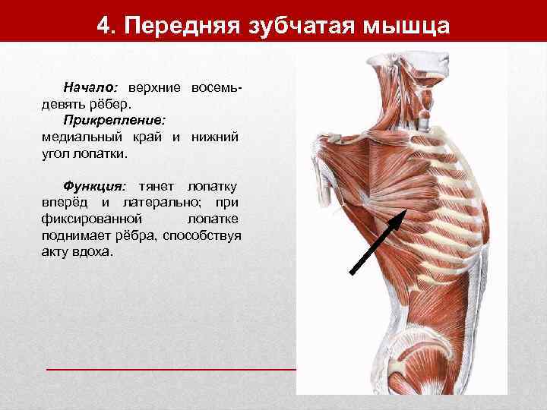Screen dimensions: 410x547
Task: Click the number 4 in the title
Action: pyautogui.click(x=105, y=25)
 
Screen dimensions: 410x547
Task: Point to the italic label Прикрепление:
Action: pyautogui.click(x=115, y=120)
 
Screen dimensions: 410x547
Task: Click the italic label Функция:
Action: pyautogui.click(x=94, y=186)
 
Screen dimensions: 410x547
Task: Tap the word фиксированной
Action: pyautogui.click(x=84, y=219)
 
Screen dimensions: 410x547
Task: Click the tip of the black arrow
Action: pyautogui.click(x=405, y=210)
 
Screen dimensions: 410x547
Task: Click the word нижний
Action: pyautogui.click(x=217, y=137)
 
